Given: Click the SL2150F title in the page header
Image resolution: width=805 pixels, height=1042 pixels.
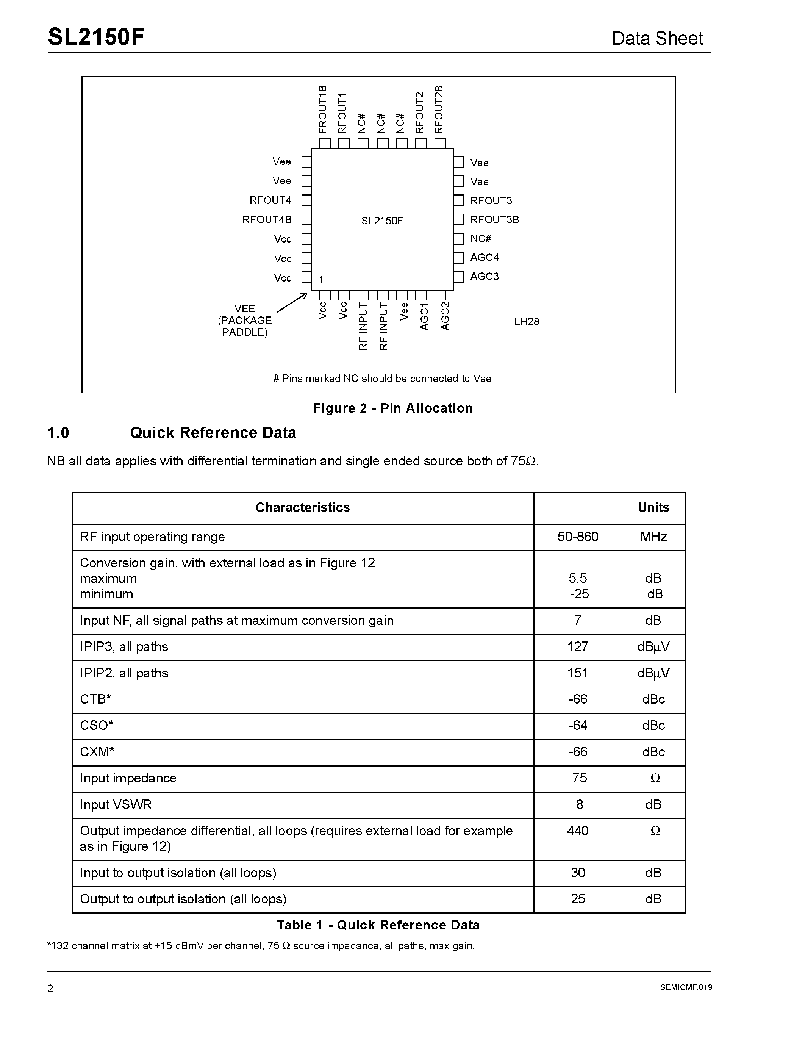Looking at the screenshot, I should pos(96,37).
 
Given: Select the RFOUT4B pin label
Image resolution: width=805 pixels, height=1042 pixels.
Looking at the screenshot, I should pos(267,219).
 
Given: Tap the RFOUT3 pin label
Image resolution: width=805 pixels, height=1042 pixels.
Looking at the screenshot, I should pos(491,200).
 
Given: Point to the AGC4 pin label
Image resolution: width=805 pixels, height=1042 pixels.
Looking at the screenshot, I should pos(484,258).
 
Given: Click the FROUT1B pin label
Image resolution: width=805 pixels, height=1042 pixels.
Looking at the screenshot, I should pos(323,110).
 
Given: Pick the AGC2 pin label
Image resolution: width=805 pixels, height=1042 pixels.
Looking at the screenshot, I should pos(445,316).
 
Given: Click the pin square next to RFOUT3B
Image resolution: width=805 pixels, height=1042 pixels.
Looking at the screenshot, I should pos(458,219).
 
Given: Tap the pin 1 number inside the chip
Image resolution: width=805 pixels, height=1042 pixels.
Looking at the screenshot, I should pos(321,280).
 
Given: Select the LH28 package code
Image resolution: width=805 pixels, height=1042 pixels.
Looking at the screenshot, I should pos(527,322).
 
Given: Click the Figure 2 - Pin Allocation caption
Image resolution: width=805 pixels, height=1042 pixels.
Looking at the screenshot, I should pos(393,408).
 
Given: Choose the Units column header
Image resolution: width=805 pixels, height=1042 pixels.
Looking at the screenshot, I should pos(653,508).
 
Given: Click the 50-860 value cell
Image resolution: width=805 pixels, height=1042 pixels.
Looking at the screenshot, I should pos(578,537).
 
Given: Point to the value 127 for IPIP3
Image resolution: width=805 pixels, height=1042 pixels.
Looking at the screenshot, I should pos(578,646).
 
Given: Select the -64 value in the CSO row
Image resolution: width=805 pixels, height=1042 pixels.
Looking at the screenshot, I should pos(578,725).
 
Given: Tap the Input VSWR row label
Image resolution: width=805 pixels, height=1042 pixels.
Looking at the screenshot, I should pos(116,804).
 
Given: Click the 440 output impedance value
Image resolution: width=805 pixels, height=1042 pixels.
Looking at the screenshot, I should pos(578,831).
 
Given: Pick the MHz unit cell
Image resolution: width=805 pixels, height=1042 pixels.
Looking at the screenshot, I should pos(653,537).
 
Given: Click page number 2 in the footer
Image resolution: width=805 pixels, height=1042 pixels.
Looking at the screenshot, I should pos(50,988).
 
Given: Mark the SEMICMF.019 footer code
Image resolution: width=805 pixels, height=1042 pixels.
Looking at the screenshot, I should pos(686,987).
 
